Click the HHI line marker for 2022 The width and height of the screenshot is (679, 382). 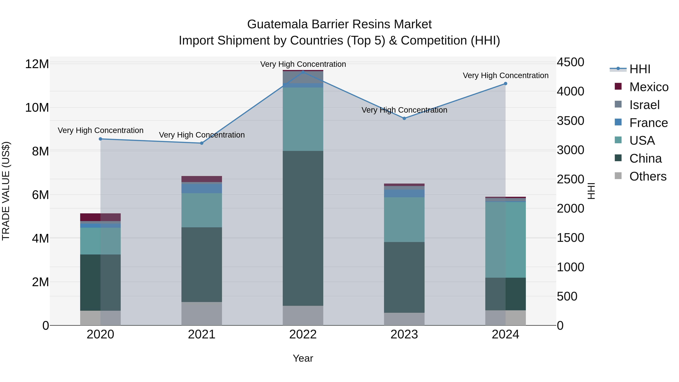coord(303,72)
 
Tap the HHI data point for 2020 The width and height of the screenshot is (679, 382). coord(100,139)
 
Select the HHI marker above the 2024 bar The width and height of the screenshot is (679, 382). coord(505,84)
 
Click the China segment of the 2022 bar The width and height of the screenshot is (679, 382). coord(303,228)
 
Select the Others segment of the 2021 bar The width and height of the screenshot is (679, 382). coord(202,314)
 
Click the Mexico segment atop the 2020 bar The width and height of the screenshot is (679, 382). coord(100,217)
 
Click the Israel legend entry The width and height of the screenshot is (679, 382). coord(644,105)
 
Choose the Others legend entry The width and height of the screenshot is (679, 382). coord(648,176)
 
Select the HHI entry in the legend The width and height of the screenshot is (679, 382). coord(640,69)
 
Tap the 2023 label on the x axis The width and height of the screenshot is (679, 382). coord(404,334)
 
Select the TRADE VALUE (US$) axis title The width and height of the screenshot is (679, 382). coord(6,191)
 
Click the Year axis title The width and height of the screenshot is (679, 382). coord(303,358)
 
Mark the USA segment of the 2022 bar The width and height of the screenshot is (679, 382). coord(303,119)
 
